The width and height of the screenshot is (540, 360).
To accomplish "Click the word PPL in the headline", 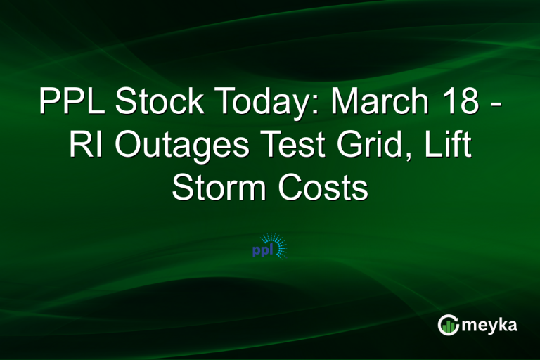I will [x=72, y=104].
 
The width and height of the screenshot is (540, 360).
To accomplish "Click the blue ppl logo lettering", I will [x=262, y=250].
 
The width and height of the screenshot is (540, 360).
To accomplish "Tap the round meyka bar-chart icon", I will [x=448, y=324].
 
